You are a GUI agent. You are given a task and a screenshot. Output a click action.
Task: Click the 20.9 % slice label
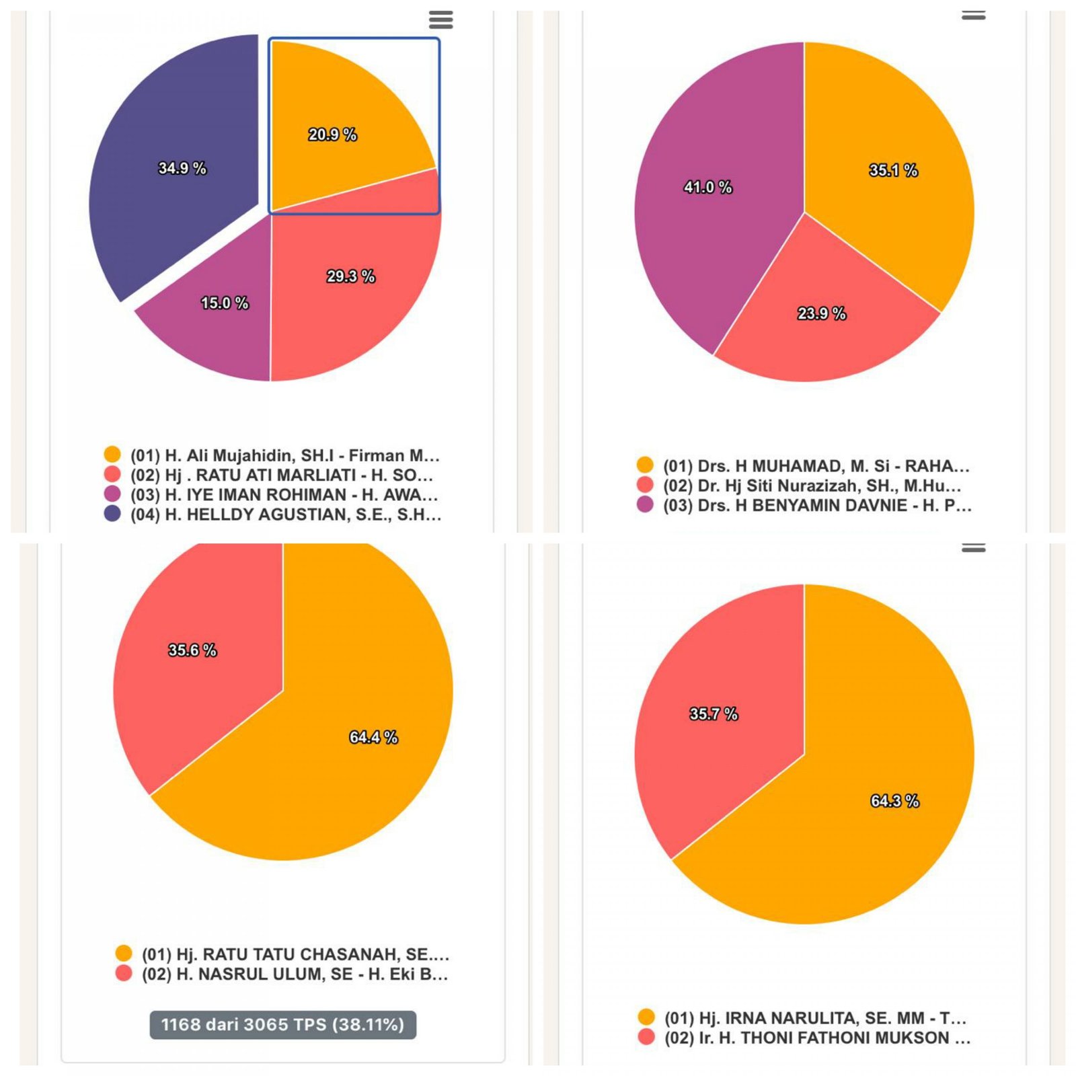(332, 134)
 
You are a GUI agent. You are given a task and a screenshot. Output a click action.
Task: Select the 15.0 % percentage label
(225, 303)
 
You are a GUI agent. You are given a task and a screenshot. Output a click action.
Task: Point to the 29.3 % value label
(350, 276)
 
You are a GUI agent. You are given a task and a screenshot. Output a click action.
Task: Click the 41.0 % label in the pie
(707, 187)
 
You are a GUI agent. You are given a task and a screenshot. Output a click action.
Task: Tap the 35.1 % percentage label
(893, 170)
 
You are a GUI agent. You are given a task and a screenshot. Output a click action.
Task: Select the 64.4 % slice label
(373, 737)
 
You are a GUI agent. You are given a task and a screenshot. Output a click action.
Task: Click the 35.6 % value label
(192, 650)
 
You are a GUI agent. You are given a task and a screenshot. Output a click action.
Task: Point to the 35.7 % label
(714, 714)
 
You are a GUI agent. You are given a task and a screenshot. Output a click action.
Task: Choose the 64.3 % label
(894, 801)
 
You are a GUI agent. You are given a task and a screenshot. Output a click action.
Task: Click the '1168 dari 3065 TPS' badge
(282, 1024)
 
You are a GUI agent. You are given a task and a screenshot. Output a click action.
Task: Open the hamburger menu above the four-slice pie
(440, 20)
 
